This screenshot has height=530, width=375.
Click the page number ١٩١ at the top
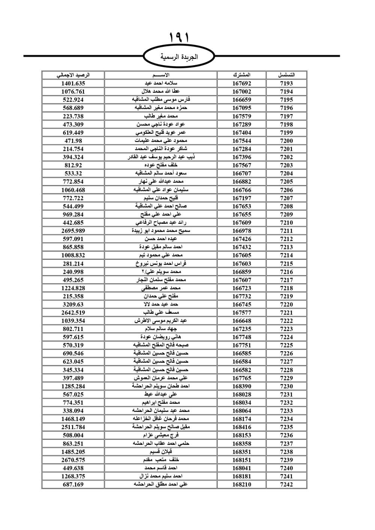pos(179,37)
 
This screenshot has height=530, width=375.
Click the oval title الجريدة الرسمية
pos(179,57)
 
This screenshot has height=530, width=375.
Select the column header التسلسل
pos(286,75)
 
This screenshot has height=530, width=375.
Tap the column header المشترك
pos(241,75)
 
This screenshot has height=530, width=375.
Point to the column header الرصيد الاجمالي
pos(73,75)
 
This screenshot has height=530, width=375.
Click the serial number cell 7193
pos(286,84)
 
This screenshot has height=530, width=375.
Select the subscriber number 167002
pos(241,91)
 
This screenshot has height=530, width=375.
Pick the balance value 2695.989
pos(73,231)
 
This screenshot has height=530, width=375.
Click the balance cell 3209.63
pos(73,304)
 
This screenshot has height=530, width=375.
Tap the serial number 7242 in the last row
pos(286,484)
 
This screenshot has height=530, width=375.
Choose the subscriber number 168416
pos(241,427)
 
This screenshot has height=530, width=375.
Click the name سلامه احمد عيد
pos(161,84)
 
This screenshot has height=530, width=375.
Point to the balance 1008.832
pos(73,255)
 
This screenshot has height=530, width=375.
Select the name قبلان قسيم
pos(161,452)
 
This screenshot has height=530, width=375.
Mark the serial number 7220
pos(286,304)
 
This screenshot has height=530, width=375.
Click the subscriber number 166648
pos(241,321)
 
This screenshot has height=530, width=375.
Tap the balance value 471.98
pos(73,141)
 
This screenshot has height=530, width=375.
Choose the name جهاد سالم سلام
pos(161,329)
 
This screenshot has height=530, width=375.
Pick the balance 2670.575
pos(73,460)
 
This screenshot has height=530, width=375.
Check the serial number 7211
pos(286,231)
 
